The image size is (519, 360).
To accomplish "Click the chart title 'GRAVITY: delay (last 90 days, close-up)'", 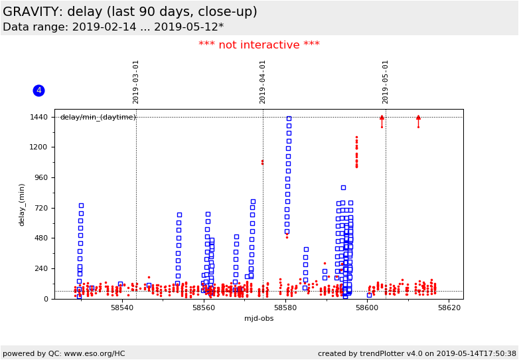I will point(130,12).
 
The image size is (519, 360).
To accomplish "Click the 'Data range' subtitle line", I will point(113,27).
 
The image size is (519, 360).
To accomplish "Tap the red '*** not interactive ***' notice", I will point(259,45).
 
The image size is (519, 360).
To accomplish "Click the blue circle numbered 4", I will point(38,90).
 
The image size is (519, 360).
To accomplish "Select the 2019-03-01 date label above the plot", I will point(136,82).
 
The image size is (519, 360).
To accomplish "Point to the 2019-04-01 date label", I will point(263,82).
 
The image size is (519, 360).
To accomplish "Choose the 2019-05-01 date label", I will point(386,82).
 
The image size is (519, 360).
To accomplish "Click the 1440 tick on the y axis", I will point(39,117).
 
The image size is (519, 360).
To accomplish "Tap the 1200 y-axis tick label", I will point(39,147).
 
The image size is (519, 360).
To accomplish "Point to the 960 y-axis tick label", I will point(41,178).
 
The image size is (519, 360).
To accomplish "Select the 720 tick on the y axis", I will point(41,208).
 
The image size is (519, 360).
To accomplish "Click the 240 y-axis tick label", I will point(41,269).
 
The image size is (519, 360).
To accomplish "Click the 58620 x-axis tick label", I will point(449,308).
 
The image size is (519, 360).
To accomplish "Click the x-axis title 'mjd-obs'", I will point(259,319).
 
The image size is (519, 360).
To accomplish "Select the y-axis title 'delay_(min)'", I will point(22,205).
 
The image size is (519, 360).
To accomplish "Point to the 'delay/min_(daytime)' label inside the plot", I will point(98,118).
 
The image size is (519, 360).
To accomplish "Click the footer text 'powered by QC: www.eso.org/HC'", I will point(64,353).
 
